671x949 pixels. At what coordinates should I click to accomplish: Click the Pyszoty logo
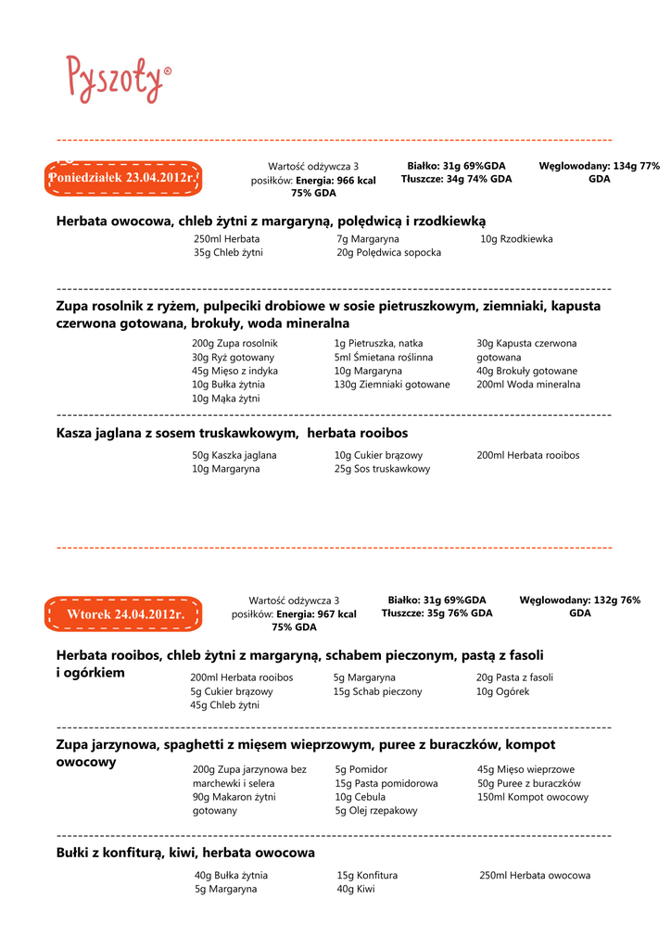click(x=118, y=78)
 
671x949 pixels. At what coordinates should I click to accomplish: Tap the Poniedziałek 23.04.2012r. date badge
click(x=123, y=177)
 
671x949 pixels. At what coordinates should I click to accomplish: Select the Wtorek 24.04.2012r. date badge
click(x=123, y=614)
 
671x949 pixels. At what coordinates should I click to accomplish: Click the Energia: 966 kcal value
click(x=335, y=180)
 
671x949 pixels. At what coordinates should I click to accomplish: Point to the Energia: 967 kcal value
click(x=316, y=614)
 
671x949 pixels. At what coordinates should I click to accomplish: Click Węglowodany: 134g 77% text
click(x=599, y=166)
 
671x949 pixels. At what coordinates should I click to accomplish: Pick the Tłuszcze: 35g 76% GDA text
click(x=437, y=614)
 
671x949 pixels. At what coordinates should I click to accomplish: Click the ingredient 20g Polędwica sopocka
click(x=388, y=252)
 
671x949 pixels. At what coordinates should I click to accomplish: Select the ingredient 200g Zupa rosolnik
click(x=234, y=343)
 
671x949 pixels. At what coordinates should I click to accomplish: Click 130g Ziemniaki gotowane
click(x=392, y=385)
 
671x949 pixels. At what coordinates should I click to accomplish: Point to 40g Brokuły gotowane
click(x=526, y=371)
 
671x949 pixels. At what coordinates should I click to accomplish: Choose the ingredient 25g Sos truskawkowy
click(x=382, y=469)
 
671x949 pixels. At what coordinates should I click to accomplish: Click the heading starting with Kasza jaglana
click(x=232, y=433)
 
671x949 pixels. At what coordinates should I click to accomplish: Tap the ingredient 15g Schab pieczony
click(x=377, y=691)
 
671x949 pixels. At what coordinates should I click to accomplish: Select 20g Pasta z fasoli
click(x=514, y=677)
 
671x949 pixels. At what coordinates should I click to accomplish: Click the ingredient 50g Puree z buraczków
click(x=528, y=783)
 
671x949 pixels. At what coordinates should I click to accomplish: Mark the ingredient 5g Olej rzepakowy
click(x=376, y=810)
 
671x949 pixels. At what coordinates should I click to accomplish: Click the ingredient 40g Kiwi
click(x=356, y=889)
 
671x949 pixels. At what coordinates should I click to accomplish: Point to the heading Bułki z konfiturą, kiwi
click(x=185, y=852)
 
